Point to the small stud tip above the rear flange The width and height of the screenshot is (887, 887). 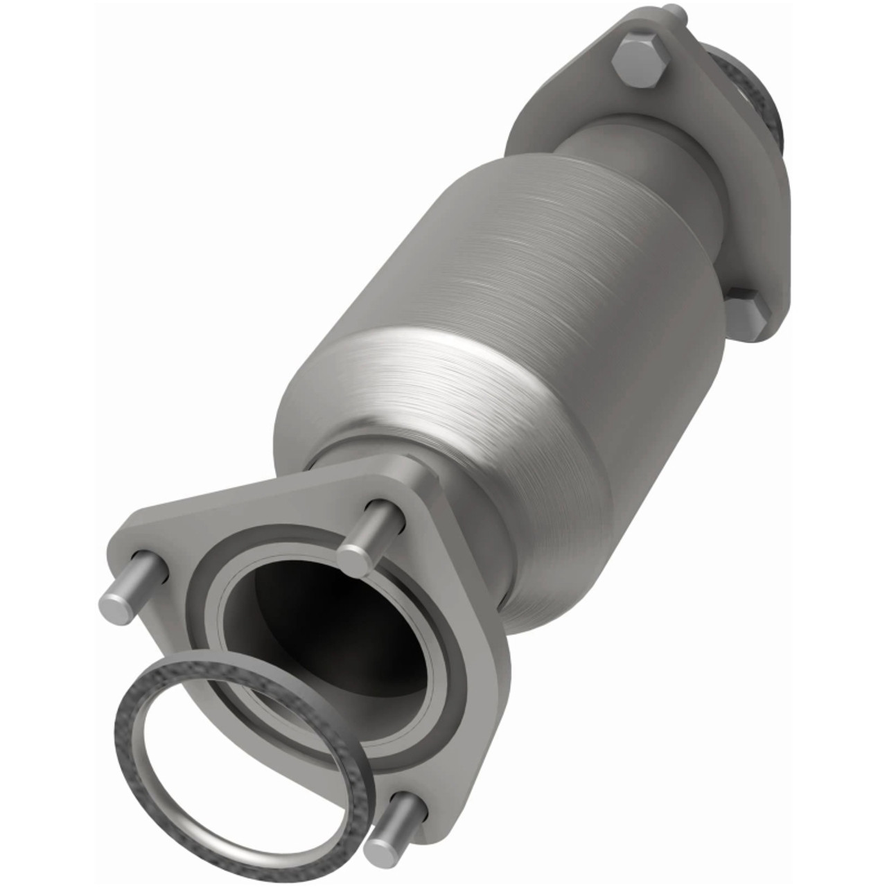point(672,10)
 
